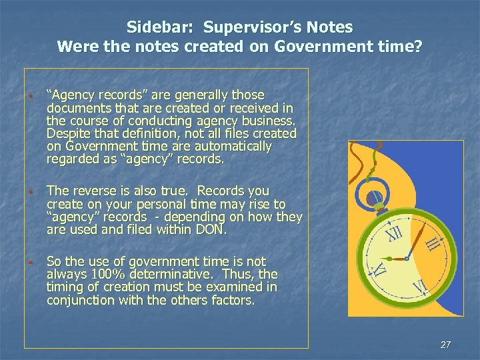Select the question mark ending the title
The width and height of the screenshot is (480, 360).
coord(418,47)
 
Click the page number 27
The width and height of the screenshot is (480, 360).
coord(446,345)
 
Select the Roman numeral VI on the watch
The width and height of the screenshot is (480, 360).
coord(420,288)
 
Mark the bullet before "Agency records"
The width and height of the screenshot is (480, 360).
coord(31,95)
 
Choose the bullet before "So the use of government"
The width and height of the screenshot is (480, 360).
coord(31,262)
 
